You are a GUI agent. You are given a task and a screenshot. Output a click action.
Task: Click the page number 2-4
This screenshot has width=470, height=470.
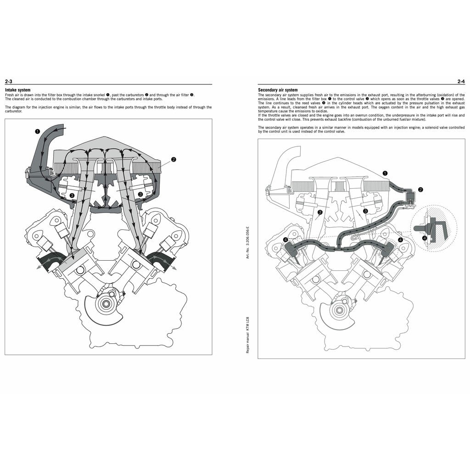(x=461, y=82)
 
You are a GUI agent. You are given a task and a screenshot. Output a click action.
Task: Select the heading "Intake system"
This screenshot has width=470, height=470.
(x=18, y=90)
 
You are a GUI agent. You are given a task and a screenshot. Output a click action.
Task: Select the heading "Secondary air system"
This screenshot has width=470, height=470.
(x=278, y=90)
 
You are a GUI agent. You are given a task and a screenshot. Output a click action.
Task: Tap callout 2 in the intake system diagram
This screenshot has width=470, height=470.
(x=173, y=160)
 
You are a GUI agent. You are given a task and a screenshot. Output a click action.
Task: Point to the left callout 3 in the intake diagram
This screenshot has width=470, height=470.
(x=72, y=195)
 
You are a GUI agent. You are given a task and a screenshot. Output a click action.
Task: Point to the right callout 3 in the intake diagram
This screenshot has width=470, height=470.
(x=140, y=195)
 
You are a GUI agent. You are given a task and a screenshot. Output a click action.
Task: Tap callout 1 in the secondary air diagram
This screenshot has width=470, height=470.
(x=385, y=173)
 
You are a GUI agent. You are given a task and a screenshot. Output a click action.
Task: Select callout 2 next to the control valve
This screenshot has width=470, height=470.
(x=420, y=189)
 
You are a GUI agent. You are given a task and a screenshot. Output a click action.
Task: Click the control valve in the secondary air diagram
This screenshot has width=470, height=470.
(x=411, y=197)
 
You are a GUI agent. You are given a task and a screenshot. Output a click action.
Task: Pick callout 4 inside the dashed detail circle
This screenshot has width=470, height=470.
(x=424, y=238)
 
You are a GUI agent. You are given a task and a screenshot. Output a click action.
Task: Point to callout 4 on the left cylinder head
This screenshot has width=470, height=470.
(x=286, y=240)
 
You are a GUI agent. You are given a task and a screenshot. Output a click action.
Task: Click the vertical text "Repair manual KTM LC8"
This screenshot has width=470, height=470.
(x=248, y=333)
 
